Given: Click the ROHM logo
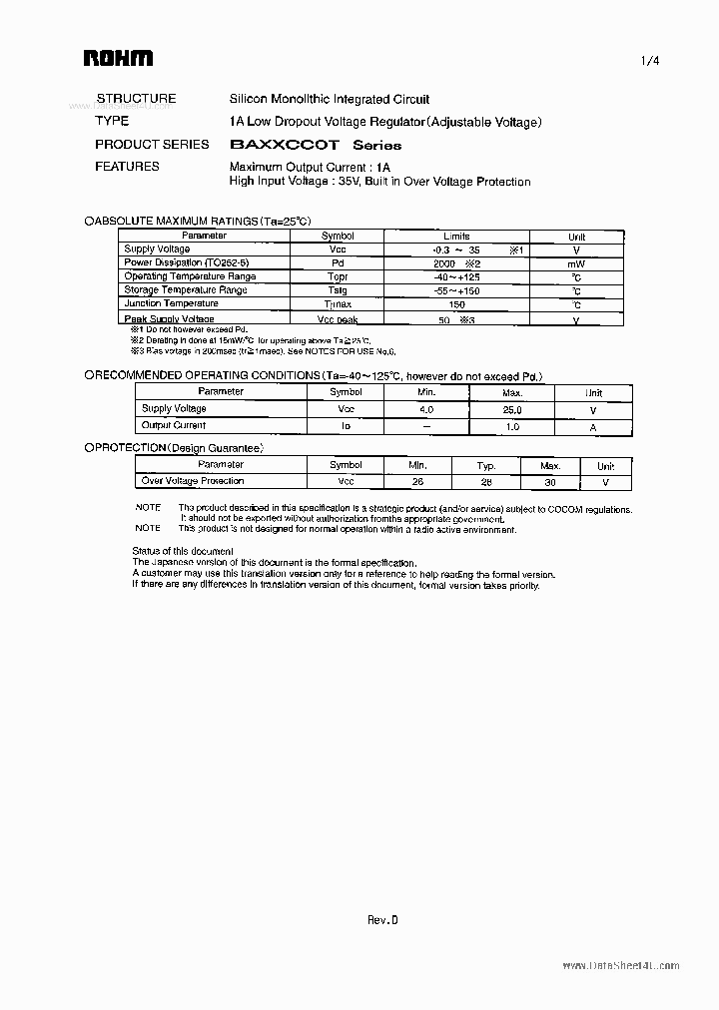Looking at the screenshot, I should (117, 59).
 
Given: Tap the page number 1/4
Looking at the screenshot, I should (650, 60).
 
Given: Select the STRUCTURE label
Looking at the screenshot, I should (136, 99).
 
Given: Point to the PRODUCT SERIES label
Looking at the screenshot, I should (152, 144).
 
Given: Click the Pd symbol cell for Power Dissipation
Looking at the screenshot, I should (338, 262).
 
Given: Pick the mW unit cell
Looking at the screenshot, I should (576, 263).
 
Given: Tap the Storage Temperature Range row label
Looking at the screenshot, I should (185, 290).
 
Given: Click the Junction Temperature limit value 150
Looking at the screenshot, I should (456, 304).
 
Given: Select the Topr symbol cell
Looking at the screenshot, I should (338, 276).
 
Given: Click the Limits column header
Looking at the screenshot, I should (456, 237).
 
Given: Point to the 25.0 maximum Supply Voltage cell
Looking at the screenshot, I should (512, 409).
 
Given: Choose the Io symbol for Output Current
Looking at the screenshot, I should (346, 426).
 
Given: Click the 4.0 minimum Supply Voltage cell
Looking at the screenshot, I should (426, 409).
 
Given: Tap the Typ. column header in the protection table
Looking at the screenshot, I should (486, 466).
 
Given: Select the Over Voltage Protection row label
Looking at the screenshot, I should (193, 481).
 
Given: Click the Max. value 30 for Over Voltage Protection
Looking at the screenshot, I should (550, 482).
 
